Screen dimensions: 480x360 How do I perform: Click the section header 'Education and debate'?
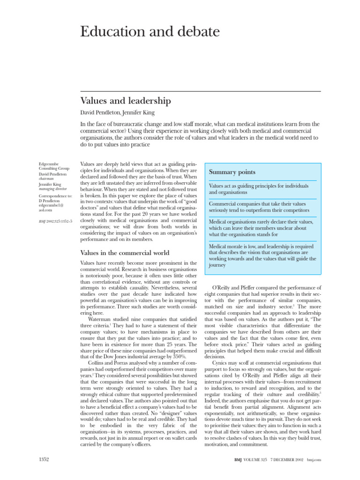tap(143, 32)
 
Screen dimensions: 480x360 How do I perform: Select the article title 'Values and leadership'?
tap(126, 101)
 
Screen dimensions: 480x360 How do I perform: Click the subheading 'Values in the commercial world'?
tap(125, 253)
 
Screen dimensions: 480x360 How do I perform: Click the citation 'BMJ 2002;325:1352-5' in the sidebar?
tap(55, 221)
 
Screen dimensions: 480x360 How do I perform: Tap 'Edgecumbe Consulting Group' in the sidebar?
tap(54, 166)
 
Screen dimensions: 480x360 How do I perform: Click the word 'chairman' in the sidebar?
tap(47, 179)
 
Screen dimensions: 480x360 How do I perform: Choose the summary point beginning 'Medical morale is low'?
tap(262, 255)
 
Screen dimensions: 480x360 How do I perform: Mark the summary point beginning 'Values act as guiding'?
tap(258, 189)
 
